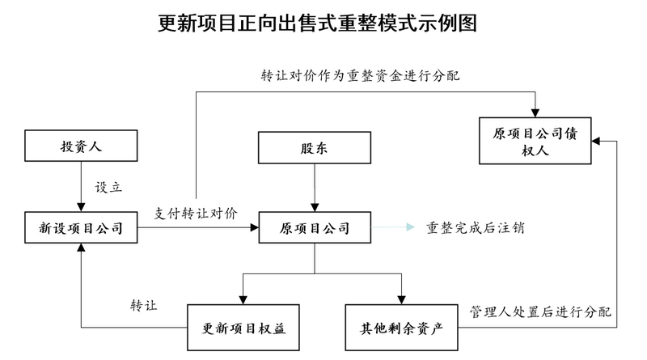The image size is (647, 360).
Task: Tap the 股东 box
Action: [x=314, y=149]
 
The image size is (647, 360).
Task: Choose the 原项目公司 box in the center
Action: [x=314, y=228]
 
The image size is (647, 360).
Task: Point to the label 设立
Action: [x=108, y=186]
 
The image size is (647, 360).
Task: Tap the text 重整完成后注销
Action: [x=476, y=227]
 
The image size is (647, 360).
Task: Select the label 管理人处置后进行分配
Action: [x=540, y=311]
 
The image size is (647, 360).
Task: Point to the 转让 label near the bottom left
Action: [x=143, y=306]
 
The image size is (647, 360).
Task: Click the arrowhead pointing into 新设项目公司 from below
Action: [x=81, y=250]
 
